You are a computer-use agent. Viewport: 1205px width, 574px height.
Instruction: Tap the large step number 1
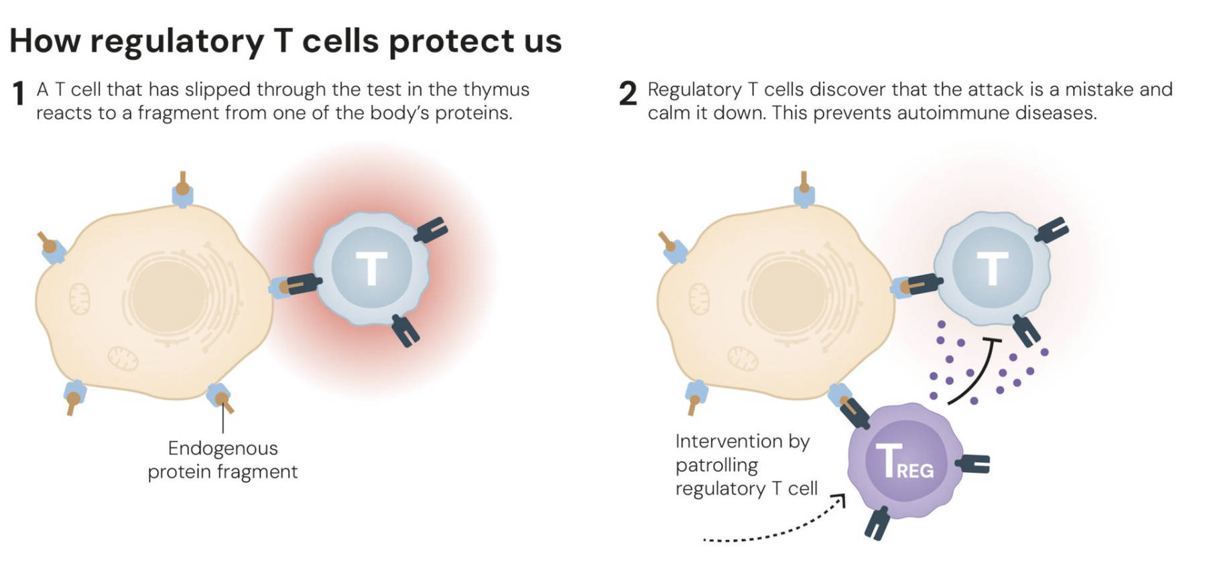(19, 94)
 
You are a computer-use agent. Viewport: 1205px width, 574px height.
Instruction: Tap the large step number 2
(627, 94)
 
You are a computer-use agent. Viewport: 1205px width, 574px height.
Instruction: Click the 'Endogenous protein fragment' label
(223, 459)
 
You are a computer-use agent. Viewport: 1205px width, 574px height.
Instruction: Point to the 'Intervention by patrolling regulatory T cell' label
(746, 465)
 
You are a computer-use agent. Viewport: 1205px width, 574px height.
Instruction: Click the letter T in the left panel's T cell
(371, 269)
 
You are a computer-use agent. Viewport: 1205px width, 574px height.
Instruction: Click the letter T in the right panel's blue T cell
(992, 268)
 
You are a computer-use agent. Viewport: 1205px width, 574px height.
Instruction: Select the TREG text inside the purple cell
(904, 461)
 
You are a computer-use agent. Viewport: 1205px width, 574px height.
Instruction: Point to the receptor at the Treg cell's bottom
(876, 522)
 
